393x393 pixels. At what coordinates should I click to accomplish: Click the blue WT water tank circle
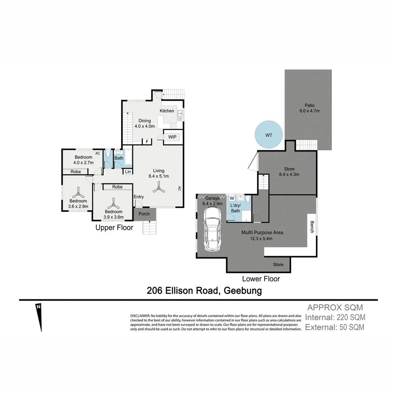point(269,135)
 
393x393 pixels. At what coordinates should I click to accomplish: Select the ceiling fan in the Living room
point(158,188)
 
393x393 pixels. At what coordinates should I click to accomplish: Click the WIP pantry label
point(172,137)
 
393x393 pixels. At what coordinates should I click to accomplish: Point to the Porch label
point(144,214)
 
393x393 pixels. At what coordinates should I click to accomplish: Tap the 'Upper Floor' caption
point(114,228)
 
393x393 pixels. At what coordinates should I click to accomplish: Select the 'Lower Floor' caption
point(261,279)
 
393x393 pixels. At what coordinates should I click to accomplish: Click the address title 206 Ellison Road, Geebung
point(204,291)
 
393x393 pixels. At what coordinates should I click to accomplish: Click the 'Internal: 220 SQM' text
point(335,317)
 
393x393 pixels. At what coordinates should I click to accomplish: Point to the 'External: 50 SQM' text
point(334,327)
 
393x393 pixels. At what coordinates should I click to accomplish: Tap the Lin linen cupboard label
point(128,172)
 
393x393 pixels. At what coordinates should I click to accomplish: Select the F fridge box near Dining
point(147,142)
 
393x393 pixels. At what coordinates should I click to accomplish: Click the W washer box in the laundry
point(232,198)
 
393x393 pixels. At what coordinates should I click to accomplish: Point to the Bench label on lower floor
point(312,227)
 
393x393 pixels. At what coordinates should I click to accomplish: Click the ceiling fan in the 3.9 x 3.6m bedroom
point(113,202)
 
